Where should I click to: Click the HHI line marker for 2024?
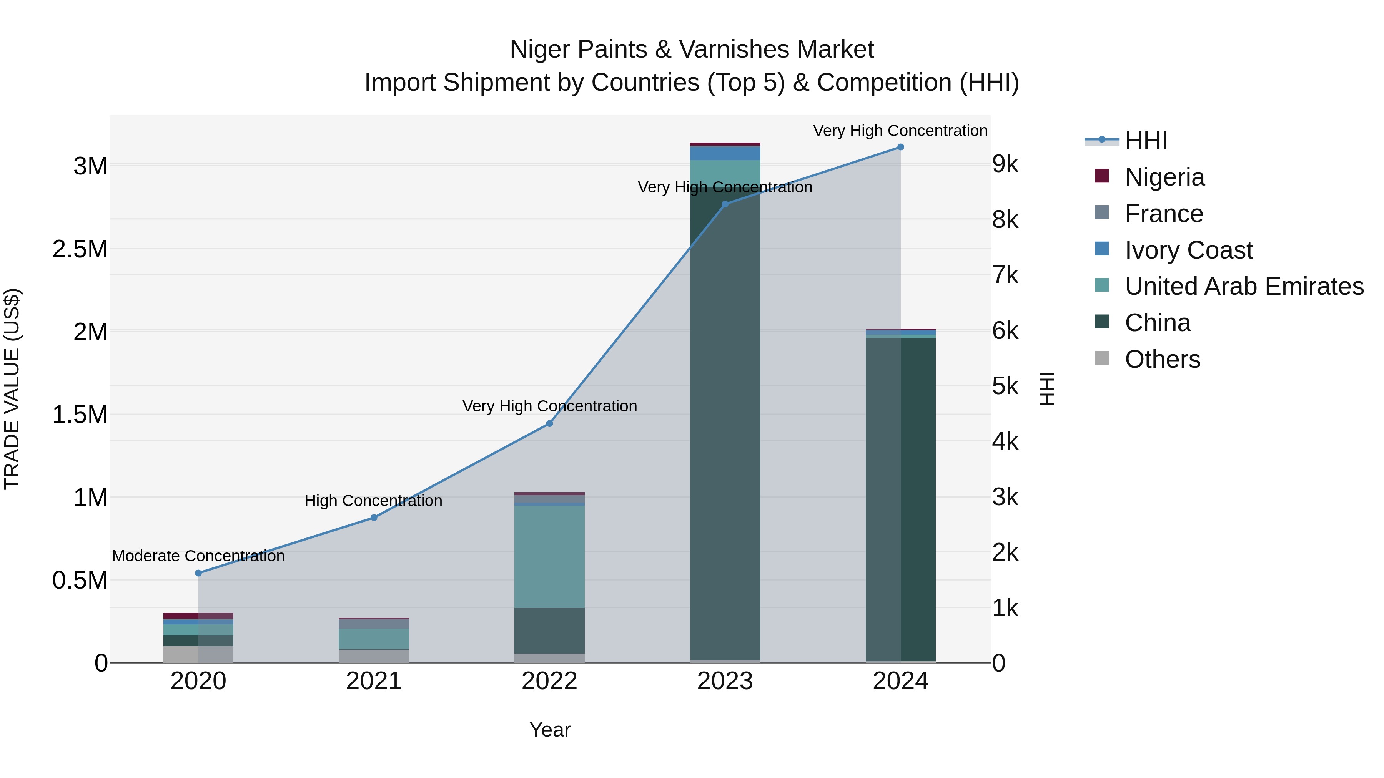pyautogui.click(x=900, y=147)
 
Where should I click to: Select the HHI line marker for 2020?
pyautogui.click(x=198, y=573)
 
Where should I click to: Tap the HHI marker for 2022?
pyautogui.click(x=549, y=424)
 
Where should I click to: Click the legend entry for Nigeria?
pyautogui.click(x=1164, y=177)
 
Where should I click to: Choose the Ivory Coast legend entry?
pyautogui.click(x=1188, y=250)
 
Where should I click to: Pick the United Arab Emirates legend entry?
pyautogui.click(x=1244, y=286)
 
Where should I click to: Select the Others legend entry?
pyautogui.click(x=1162, y=359)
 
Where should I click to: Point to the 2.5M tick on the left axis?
pyautogui.click(x=80, y=249)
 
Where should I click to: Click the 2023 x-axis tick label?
pyautogui.click(x=725, y=681)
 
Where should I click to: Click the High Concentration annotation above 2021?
pyautogui.click(x=373, y=500)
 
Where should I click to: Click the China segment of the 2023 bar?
pyautogui.click(x=725, y=430)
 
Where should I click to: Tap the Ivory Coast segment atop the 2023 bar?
pyautogui.click(x=725, y=153)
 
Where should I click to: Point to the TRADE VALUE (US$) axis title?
pyautogui.click(x=12, y=389)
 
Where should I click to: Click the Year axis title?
pyautogui.click(x=550, y=730)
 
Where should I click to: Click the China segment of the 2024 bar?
pyautogui.click(x=900, y=499)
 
